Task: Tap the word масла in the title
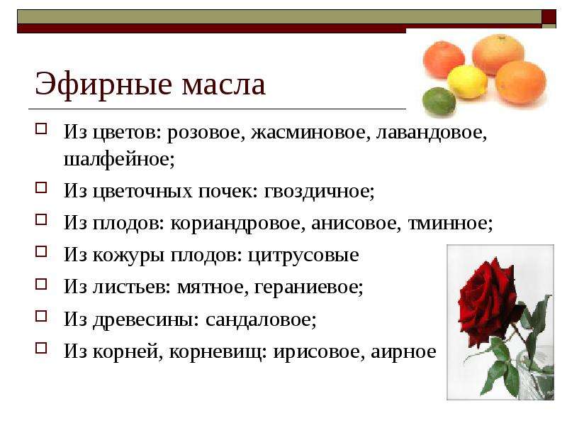pos(223,86)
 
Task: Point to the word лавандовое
pos(432,133)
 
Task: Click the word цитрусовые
pos(303,256)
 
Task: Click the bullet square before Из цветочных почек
pos(41,188)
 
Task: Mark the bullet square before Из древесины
pos(41,317)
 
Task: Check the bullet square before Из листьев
pos(41,285)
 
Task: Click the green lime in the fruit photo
pos(439,102)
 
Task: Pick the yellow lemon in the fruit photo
pos(467,82)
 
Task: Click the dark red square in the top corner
pos(549,17)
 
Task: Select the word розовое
pos(203,133)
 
